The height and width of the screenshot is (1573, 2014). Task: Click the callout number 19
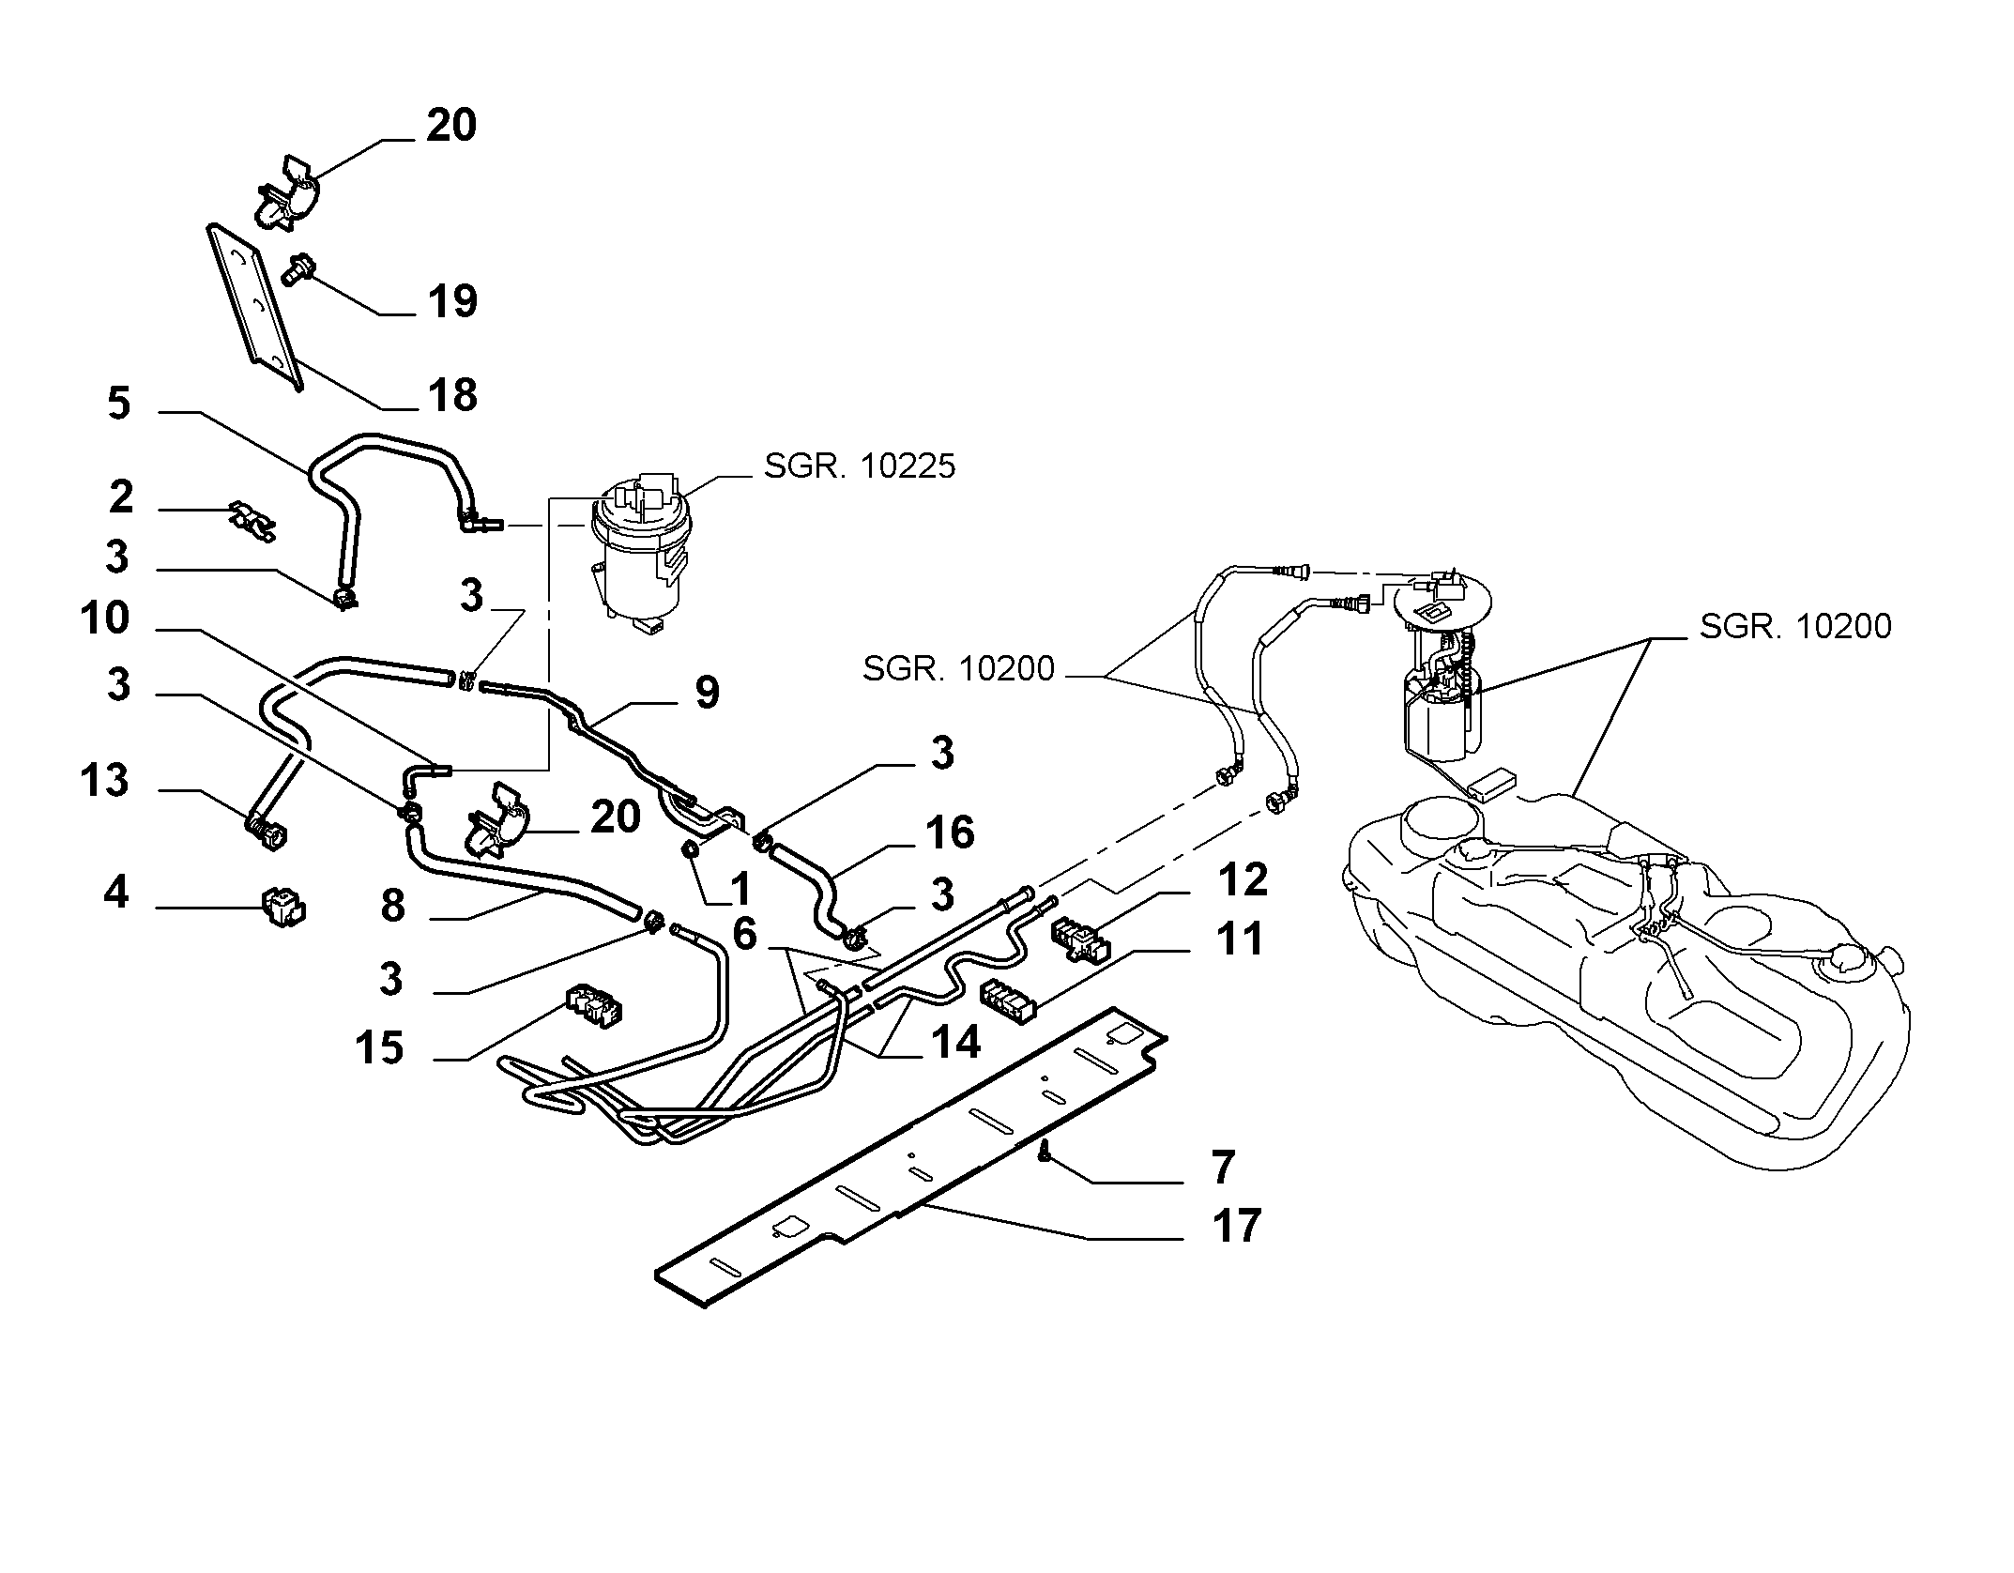(x=452, y=302)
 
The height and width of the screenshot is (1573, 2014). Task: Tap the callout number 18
(x=452, y=395)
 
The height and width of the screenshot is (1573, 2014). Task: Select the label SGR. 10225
(x=860, y=466)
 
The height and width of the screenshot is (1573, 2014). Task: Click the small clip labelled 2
(x=253, y=522)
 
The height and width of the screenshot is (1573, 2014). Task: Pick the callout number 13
(x=104, y=781)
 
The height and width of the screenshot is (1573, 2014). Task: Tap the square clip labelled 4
(x=282, y=908)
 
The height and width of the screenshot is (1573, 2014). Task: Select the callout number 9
(x=707, y=693)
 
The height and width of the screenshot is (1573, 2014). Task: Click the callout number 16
(x=950, y=832)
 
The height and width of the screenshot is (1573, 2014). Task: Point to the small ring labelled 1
(x=691, y=850)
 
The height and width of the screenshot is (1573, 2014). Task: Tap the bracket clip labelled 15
(x=593, y=1004)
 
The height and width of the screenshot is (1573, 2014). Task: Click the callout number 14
(x=955, y=1042)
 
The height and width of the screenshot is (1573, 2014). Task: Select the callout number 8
(x=392, y=907)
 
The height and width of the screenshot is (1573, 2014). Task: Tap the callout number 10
(x=104, y=619)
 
